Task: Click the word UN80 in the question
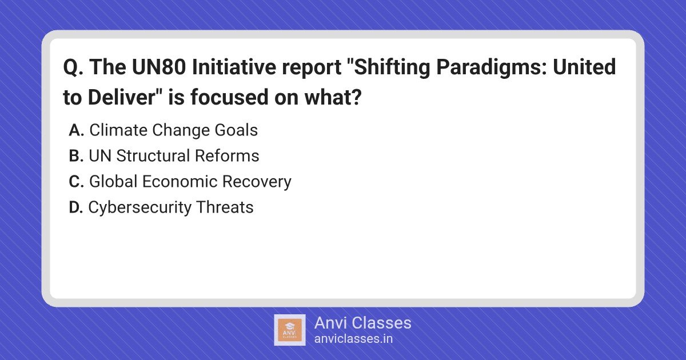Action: point(159,67)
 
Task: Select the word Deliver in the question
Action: point(122,97)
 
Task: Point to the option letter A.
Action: point(76,130)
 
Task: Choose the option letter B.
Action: point(76,156)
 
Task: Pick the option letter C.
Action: point(76,182)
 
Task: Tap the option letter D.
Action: point(76,207)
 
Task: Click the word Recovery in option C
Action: point(257,182)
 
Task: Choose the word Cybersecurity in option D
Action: point(140,208)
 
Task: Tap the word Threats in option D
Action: point(225,207)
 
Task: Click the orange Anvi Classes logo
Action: point(290,330)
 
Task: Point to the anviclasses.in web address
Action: point(353,339)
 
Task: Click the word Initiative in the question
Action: point(234,67)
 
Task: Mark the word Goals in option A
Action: point(236,130)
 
